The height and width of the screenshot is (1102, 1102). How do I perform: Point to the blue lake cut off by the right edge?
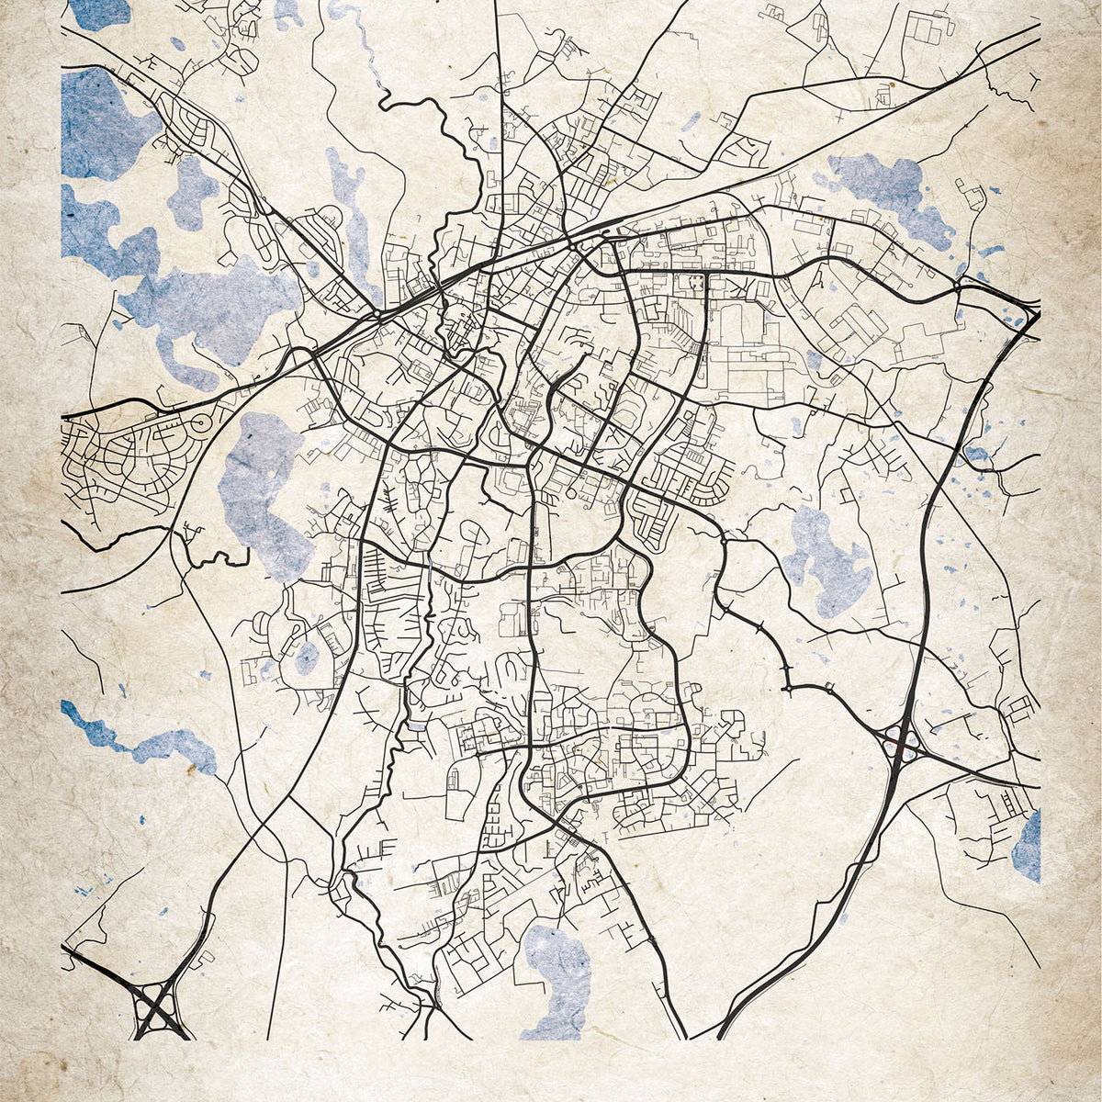point(1029,847)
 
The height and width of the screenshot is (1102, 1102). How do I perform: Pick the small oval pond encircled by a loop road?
point(307,656)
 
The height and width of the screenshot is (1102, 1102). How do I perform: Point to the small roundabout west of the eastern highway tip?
point(956,287)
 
